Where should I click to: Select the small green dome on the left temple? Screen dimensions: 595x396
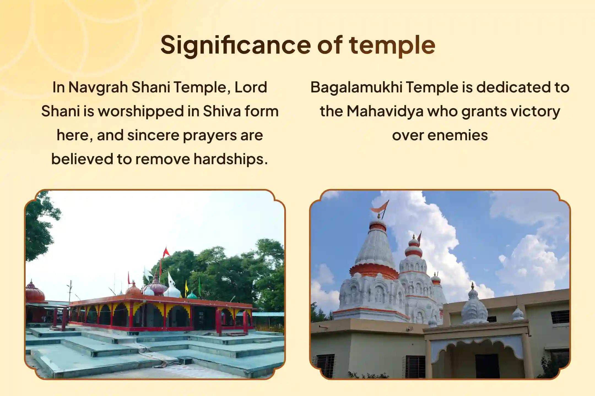tap(192, 296)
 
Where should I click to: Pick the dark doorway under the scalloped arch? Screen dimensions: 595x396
tap(487, 366)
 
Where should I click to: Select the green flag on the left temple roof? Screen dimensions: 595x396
tap(200, 284)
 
